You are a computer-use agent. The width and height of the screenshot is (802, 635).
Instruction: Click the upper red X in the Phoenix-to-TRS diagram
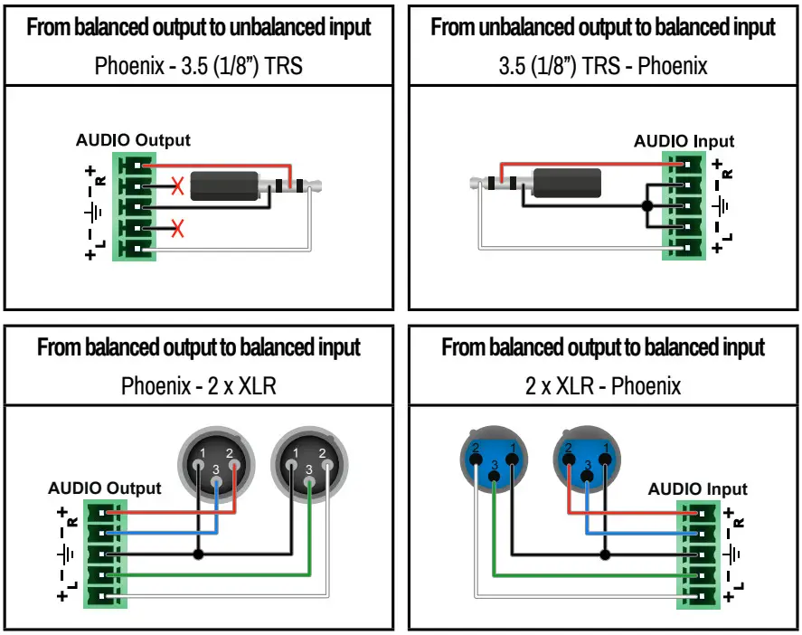click(x=178, y=187)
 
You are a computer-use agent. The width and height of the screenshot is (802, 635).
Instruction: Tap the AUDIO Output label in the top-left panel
click(x=133, y=140)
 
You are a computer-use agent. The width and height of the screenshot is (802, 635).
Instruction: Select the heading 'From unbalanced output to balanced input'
click(x=603, y=27)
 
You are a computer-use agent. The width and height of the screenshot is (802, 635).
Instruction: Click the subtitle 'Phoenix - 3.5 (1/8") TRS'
click(x=198, y=66)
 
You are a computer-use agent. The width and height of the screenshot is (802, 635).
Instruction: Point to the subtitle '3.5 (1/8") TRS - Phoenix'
click(x=603, y=66)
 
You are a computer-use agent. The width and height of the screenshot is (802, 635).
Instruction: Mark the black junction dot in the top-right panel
click(x=646, y=206)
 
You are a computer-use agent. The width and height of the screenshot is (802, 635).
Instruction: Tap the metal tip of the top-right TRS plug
click(x=476, y=184)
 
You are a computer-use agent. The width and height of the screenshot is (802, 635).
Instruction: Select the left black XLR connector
click(x=216, y=462)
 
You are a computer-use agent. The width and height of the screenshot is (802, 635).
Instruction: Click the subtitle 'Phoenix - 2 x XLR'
click(x=198, y=386)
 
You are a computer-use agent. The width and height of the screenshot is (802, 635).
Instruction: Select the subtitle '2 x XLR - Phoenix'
click(x=603, y=386)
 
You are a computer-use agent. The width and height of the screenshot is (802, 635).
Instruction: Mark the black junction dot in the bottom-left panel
click(x=198, y=553)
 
